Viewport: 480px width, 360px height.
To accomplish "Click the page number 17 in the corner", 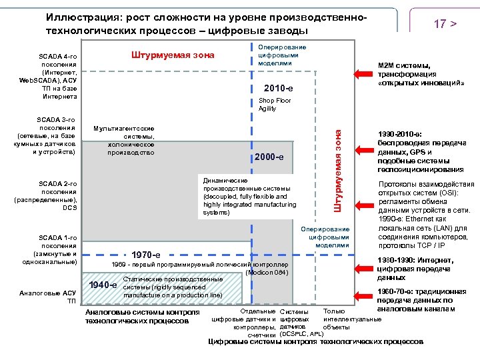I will coord(440,24).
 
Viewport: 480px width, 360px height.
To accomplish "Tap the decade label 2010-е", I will coord(279,89).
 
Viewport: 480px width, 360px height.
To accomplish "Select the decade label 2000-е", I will coord(270,157).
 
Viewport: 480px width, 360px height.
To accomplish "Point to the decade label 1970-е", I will coord(145,255).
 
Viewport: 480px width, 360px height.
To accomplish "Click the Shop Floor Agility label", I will coord(275,105).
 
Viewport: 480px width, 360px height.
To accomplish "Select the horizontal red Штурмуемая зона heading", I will coord(171,55).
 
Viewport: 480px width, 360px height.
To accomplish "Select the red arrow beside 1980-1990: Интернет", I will coord(364,269).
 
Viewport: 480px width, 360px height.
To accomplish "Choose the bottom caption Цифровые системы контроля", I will coord(315,341).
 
